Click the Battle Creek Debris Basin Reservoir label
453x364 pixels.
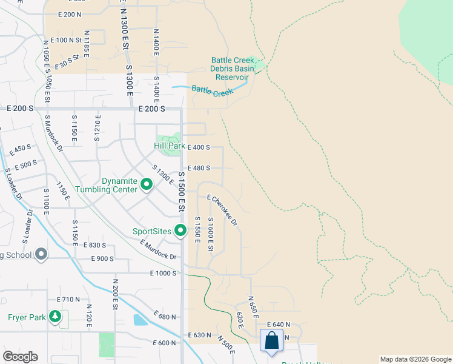click(x=230, y=69)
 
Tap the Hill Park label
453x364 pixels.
click(x=170, y=146)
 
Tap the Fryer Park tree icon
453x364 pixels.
click(x=55, y=317)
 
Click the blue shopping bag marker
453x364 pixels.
click(x=272, y=341)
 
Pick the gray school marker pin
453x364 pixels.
click(x=41, y=254)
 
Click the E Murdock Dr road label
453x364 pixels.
click(x=157, y=249)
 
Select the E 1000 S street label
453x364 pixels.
click(x=165, y=274)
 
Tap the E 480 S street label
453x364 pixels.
click(x=199, y=168)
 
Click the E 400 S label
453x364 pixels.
click(x=199, y=147)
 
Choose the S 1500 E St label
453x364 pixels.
click(x=180, y=189)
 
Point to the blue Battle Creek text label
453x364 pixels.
click(x=212, y=92)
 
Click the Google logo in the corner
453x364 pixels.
click(x=20, y=357)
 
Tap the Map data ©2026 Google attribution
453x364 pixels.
click(x=415, y=359)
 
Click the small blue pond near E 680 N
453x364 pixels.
click(x=139, y=320)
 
